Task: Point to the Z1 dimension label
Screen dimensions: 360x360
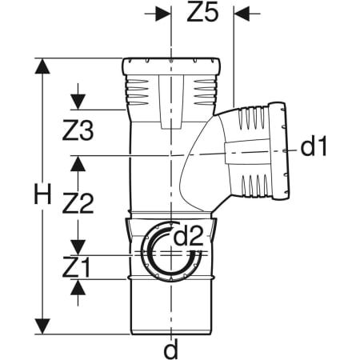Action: [x=76, y=265]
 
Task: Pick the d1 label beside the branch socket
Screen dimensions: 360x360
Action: [x=314, y=146]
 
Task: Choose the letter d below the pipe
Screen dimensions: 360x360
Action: [x=170, y=349]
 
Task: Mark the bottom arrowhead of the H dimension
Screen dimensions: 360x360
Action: [x=38, y=327]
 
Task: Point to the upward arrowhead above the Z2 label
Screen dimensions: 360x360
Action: [x=78, y=163]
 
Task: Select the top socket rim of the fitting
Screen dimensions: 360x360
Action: [x=173, y=62]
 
